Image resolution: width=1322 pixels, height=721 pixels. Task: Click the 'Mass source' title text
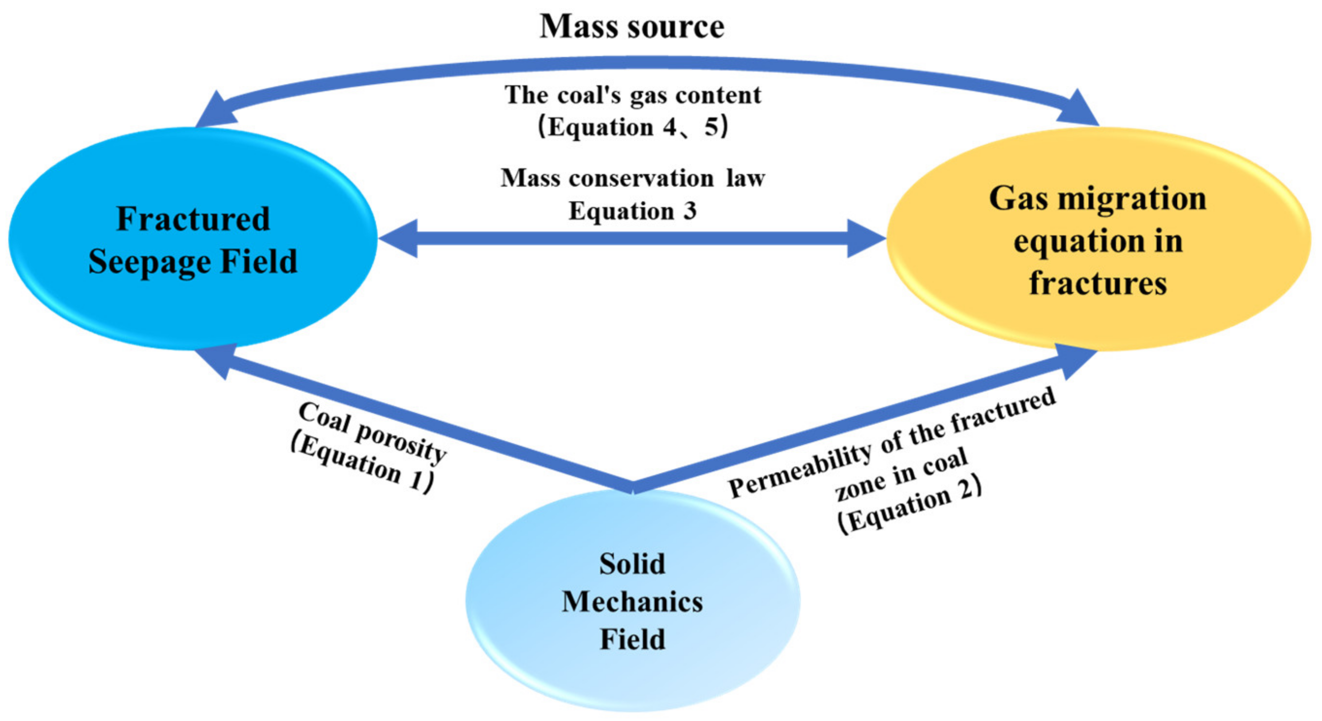point(632,27)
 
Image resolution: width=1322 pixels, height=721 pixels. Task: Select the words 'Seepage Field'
point(193,262)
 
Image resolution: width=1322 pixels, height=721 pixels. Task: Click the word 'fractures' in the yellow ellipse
point(1098,283)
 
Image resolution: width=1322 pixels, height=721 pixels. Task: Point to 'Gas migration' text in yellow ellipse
point(1098,198)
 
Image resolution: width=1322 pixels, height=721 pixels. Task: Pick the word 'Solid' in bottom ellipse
point(632,564)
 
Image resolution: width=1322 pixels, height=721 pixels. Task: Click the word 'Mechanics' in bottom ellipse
point(632,602)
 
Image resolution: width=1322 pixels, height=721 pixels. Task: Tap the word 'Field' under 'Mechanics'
point(632,640)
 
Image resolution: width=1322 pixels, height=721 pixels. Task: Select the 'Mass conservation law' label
point(632,178)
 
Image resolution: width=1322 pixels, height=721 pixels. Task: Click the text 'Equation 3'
point(632,211)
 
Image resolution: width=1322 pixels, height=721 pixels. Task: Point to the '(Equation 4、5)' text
point(632,127)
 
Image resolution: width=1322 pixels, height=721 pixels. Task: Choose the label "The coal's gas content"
point(632,95)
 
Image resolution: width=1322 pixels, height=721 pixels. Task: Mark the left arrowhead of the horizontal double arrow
point(398,238)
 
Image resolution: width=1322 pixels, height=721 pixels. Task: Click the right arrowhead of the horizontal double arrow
point(866,238)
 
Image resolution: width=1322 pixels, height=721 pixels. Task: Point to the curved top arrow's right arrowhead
point(1078,109)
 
